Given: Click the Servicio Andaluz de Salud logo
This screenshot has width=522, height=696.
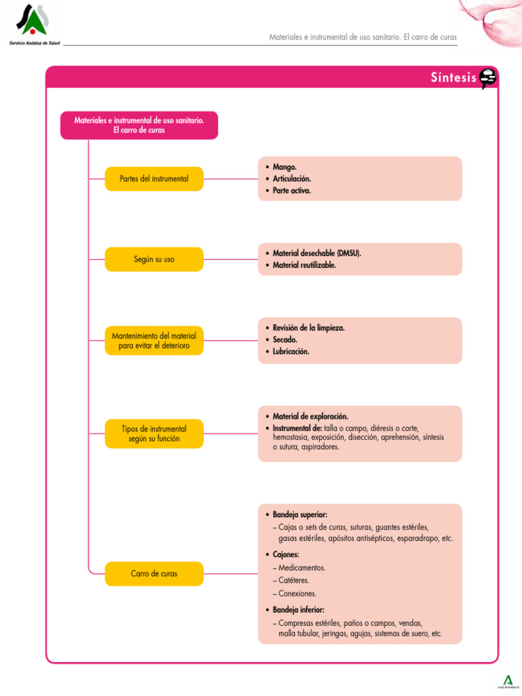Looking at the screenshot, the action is point(33,24).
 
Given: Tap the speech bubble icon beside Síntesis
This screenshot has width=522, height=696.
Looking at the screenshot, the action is point(487,79).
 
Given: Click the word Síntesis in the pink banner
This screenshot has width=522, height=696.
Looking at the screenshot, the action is point(453,78).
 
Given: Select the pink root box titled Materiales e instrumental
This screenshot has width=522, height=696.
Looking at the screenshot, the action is point(139,125).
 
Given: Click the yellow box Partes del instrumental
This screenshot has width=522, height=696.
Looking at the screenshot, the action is point(154,179).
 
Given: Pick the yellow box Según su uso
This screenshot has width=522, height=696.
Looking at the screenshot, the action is point(154,259).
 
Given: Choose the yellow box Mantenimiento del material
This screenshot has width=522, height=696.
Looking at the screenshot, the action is point(154,341).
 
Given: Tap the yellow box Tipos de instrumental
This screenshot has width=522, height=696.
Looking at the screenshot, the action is point(154,434).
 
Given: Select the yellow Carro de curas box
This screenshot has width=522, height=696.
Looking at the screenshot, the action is point(154,574).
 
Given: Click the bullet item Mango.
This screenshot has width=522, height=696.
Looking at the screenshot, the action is point(284,166).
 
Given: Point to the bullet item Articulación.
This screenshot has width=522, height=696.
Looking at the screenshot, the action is point(292,178).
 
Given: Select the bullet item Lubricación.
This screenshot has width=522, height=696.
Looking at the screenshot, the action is point(290,351).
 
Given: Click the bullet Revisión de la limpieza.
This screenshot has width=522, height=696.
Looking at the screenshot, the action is point(308,328).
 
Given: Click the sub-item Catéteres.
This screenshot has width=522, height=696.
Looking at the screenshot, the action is point(294,580).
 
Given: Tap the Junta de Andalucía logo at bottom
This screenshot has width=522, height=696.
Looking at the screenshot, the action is point(506,681).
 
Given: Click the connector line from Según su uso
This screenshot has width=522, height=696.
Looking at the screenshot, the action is point(230,259).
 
